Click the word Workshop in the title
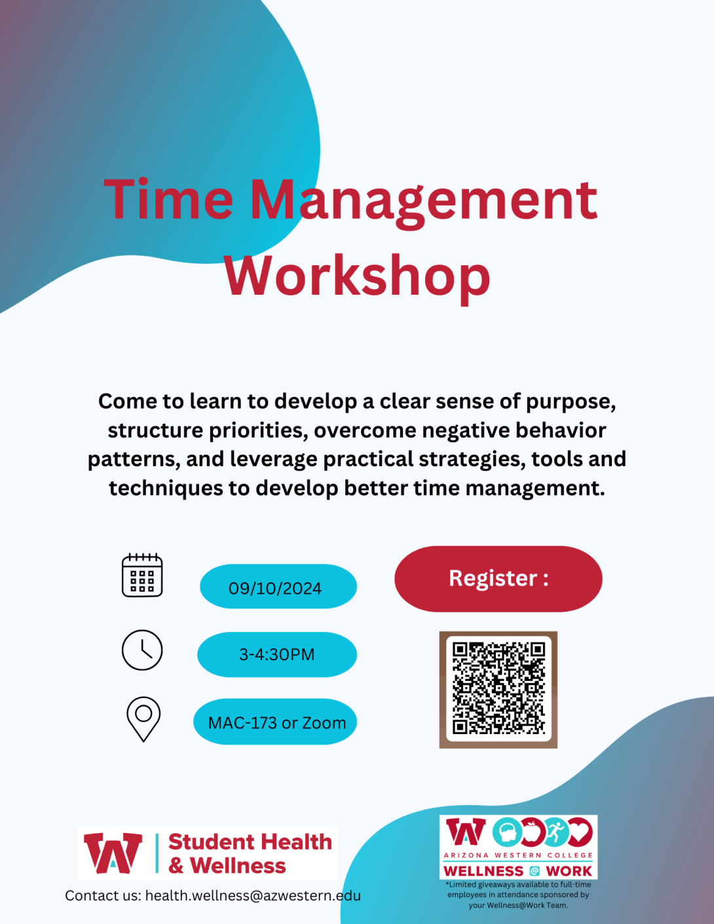[357, 276]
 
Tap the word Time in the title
[169, 200]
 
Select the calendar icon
[142, 575]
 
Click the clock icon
[142, 650]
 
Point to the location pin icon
[143, 718]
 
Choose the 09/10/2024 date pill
[278, 587]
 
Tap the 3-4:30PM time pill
[277, 654]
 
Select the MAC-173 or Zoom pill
[275, 722]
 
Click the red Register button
[498, 579]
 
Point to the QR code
[498, 690]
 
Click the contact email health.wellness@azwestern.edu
[253, 895]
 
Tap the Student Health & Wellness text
[250, 853]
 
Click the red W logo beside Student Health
[113, 853]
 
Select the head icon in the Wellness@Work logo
[507, 833]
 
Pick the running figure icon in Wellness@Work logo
[555, 832]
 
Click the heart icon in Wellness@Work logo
[580, 832]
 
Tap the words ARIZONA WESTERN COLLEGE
[517, 855]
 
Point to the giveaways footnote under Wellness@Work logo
[518, 895]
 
